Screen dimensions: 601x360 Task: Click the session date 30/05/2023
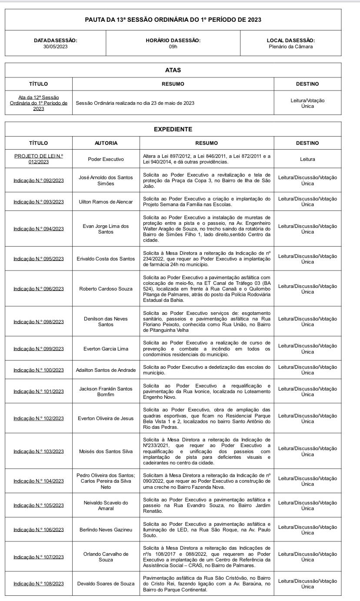[55, 47]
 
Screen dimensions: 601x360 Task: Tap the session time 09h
[173, 47]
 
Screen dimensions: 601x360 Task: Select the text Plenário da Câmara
[290, 47]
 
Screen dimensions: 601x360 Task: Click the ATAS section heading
[173, 70]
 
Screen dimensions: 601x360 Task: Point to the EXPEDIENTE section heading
[173, 129]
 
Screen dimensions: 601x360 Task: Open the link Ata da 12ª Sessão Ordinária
[39, 103]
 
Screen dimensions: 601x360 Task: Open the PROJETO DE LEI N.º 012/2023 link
[39, 159]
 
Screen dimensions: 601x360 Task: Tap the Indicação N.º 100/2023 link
[39, 370]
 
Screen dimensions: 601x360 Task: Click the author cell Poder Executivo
[106, 159]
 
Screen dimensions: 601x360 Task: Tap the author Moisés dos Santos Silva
[106, 451]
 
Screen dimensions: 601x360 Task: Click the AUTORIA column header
[106, 143]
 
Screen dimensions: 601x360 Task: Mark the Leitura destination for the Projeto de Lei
[307, 159]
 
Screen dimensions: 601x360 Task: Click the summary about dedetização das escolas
[207, 370]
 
